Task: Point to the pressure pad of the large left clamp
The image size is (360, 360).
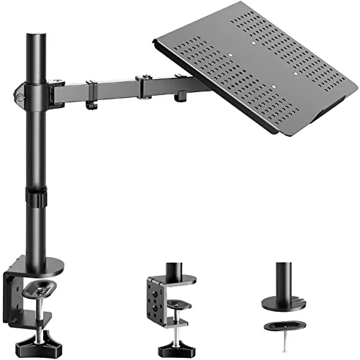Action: [x=40, y=289]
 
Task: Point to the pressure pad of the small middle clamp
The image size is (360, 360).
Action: [x=176, y=305]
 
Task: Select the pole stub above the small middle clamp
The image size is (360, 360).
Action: [x=173, y=269]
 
